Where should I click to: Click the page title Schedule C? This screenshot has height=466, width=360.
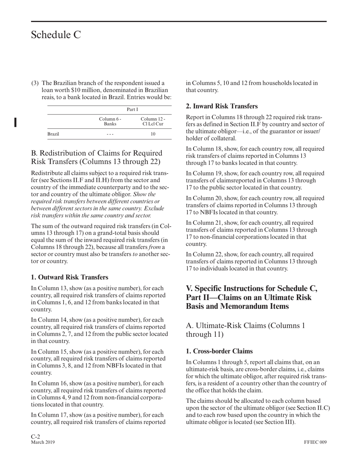(56, 35)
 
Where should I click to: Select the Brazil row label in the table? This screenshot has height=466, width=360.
(53, 134)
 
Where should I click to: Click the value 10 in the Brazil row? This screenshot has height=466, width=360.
(153, 134)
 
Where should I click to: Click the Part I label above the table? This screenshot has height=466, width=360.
(132, 109)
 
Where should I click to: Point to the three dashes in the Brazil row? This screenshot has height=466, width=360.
(110, 134)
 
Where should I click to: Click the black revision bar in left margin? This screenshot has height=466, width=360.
(15, 122)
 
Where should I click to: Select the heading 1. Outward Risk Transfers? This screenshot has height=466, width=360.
(69, 277)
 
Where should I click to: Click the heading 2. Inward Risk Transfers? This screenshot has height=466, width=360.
(222, 106)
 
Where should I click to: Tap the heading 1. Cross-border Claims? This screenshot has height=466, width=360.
(219, 351)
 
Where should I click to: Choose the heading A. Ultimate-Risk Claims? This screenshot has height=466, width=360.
(245, 329)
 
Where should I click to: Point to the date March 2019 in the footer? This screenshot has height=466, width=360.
(42, 442)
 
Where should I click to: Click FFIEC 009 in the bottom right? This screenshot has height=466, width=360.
(315, 442)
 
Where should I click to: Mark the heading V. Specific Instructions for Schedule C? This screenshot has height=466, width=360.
(251, 297)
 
